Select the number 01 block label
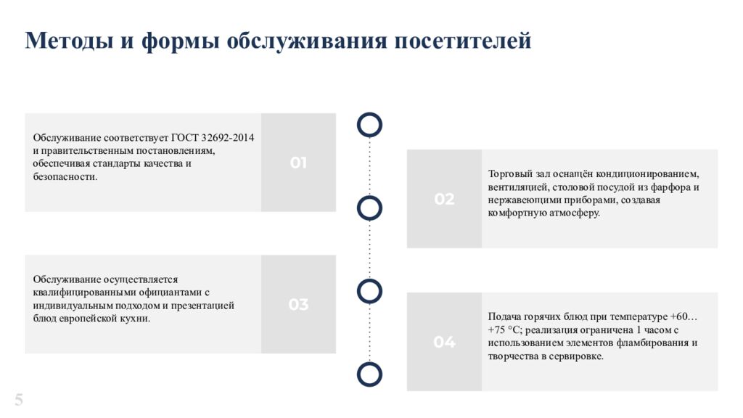(298, 163)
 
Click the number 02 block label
(444, 199)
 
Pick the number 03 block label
(298, 305)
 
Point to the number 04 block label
(444, 342)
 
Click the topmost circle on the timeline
(370, 125)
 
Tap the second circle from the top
(370, 208)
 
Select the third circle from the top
(370, 291)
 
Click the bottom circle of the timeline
(370, 374)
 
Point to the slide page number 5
(19, 399)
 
